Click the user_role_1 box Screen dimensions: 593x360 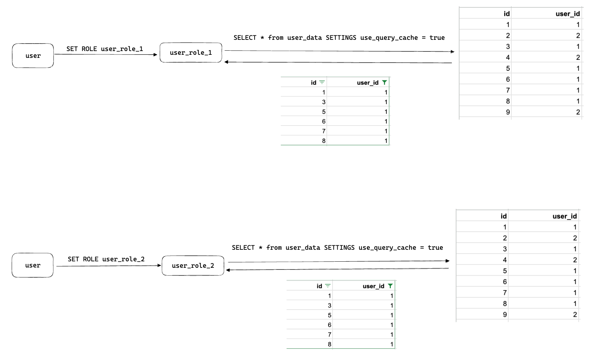[x=191, y=53]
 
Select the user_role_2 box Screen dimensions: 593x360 [x=193, y=265]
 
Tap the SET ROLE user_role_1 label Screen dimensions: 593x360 [x=105, y=49]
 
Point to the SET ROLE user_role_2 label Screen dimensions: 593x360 [x=106, y=259]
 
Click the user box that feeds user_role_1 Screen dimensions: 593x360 [x=33, y=55]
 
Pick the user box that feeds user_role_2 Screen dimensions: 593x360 [x=33, y=265]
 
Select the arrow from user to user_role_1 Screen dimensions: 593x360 [x=106, y=54]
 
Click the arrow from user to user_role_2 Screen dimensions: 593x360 [x=108, y=266]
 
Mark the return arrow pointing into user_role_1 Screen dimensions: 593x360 [x=337, y=62]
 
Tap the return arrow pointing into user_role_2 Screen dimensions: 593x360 [x=337, y=269]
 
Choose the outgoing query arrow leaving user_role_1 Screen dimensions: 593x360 [x=339, y=51]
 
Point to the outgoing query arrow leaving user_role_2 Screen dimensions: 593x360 [x=339, y=261]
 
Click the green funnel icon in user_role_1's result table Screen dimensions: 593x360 [x=384, y=82]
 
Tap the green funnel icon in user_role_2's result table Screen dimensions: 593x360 [x=390, y=286]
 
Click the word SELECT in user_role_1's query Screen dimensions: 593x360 [x=245, y=37]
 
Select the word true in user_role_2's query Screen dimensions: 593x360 [x=435, y=247]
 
